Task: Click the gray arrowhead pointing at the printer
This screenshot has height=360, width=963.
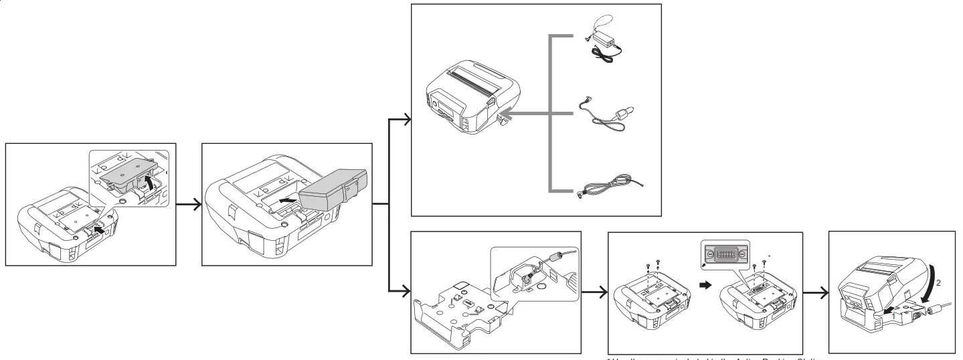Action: tap(511, 114)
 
